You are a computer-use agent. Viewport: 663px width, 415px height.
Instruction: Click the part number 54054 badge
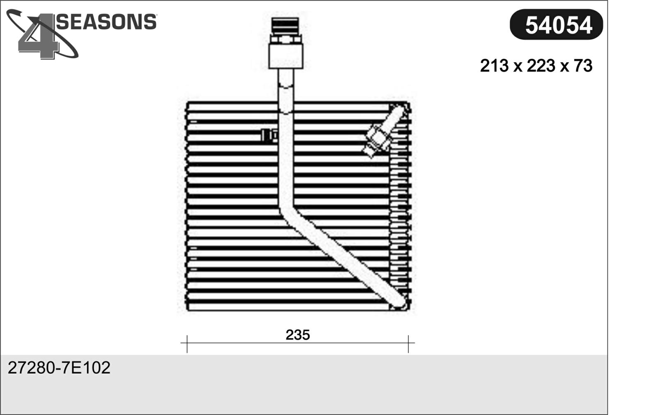click(556, 24)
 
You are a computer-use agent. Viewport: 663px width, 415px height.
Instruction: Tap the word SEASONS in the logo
click(106, 22)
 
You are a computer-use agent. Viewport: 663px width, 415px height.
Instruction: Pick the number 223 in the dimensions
click(541, 66)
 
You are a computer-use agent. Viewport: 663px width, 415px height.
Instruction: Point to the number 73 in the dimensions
click(583, 66)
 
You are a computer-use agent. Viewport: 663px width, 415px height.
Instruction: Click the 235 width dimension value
click(298, 335)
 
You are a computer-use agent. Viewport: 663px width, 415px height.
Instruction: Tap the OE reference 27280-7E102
click(59, 368)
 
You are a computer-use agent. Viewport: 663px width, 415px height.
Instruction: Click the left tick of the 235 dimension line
click(187, 344)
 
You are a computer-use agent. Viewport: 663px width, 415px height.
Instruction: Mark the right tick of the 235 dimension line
click(408, 344)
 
